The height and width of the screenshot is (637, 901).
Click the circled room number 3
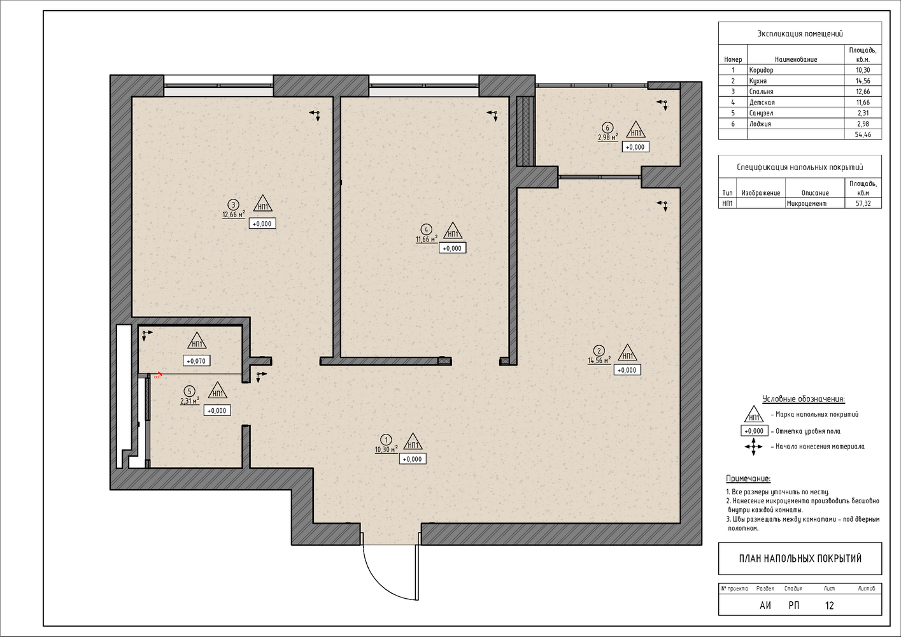(233, 205)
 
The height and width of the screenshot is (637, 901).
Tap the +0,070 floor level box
(196, 361)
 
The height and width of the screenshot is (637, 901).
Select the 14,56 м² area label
(599, 360)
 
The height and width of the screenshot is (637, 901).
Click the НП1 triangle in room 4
(453, 231)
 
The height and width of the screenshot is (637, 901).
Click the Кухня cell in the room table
(758, 81)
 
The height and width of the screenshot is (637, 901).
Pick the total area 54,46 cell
(863, 134)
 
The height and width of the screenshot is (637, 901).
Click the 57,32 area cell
(863, 204)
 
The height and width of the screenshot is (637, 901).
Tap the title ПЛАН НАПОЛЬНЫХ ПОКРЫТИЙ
(800, 559)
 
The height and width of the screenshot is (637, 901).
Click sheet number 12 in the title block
(829, 606)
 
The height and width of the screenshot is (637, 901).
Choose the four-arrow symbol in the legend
(753, 447)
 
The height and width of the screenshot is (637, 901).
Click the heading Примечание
(748, 479)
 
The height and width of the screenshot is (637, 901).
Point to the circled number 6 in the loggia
(607, 128)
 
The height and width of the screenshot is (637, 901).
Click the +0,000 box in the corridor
(413, 459)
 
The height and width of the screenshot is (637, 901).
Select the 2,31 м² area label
(190, 401)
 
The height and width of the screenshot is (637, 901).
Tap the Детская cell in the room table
(762, 103)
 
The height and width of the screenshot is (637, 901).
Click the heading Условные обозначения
(804, 399)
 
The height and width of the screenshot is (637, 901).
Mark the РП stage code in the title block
(794, 606)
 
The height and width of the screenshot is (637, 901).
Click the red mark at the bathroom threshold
(158, 376)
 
